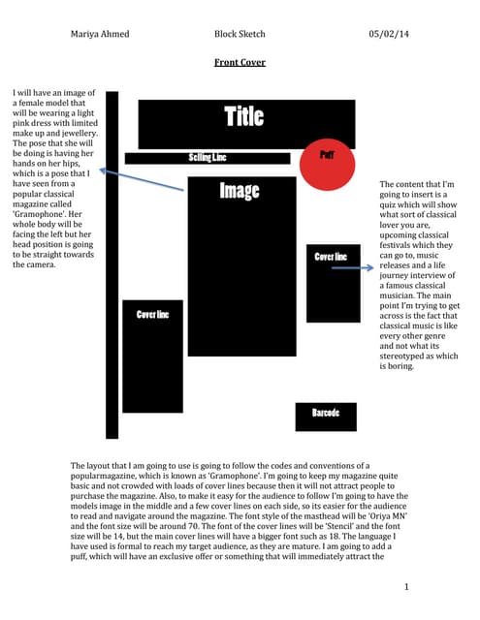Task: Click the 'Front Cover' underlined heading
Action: (x=239, y=62)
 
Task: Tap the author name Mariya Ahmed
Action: (x=100, y=35)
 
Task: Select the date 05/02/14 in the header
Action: (x=389, y=35)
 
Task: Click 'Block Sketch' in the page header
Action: (x=240, y=35)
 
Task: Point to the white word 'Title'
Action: (x=243, y=117)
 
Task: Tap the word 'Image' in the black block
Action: (x=239, y=191)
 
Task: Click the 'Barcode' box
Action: (x=325, y=415)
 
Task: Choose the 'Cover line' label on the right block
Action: (x=331, y=257)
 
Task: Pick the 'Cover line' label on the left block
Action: (x=152, y=315)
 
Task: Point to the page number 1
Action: (x=408, y=587)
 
